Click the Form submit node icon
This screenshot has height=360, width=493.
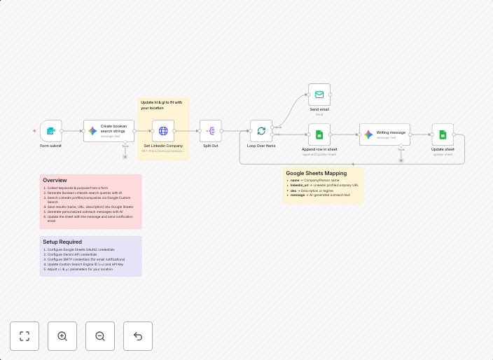pyautogui.click(x=50, y=131)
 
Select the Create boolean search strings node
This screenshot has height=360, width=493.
pyautogui.click(x=109, y=131)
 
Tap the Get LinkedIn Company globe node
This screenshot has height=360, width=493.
pyautogui.click(x=163, y=131)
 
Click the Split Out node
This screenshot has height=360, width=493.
pyautogui.click(x=210, y=131)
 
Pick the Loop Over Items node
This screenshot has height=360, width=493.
pyautogui.click(x=261, y=131)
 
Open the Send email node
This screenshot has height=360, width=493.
pyautogui.click(x=319, y=95)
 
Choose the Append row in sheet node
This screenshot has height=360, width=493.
pyautogui.click(x=319, y=134)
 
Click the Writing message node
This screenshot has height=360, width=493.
pyautogui.click(x=384, y=134)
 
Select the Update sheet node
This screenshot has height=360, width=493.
pyautogui.click(x=443, y=134)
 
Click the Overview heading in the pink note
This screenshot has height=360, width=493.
pyautogui.click(x=55, y=180)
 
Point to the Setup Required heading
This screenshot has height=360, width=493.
pyautogui.click(x=62, y=242)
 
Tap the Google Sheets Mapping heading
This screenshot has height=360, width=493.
pyautogui.click(x=316, y=173)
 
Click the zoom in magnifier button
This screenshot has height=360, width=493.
pyautogui.click(x=62, y=336)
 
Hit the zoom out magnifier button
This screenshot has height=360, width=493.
pyautogui.click(x=100, y=336)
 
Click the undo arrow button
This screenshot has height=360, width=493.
pyautogui.click(x=138, y=336)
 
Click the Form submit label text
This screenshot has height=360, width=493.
pyautogui.click(x=50, y=146)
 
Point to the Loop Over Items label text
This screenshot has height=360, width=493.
pyautogui.click(x=261, y=146)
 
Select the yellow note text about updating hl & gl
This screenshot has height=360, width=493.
pyautogui.click(x=162, y=105)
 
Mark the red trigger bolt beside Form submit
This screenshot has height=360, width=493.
pyautogui.click(x=34, y=131)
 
